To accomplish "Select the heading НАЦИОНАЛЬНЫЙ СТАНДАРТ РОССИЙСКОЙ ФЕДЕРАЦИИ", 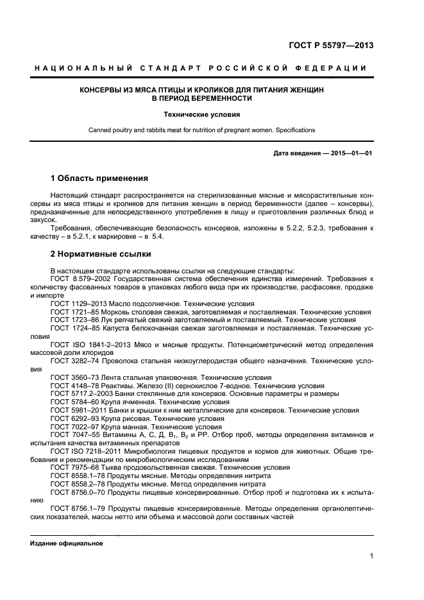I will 201,68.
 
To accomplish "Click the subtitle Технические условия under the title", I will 201,115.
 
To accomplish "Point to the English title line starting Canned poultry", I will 201,130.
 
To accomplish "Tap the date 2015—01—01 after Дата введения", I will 352,153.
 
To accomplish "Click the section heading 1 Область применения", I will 99,178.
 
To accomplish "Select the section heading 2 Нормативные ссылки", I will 101,253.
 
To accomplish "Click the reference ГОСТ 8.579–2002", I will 80,279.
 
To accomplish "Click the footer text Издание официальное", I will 67,543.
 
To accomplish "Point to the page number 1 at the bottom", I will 371,557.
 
